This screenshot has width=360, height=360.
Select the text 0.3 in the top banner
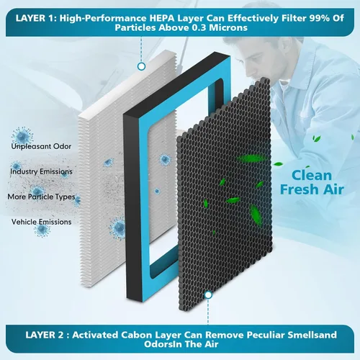point(199,27)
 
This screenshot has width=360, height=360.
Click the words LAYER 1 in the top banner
point(36,18)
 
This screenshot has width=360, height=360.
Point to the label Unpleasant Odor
point(41,146)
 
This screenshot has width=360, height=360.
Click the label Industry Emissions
point(41,171)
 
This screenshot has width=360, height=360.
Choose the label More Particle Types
point(41,197)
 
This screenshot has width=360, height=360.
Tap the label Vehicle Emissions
point(41,222)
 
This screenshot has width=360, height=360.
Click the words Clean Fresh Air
point(312,182)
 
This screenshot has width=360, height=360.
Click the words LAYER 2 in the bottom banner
point(45,335)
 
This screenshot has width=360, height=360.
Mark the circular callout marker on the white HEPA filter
point(141,66)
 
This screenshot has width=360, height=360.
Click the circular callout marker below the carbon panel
point(208,294)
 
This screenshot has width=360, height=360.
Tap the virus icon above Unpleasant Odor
point(22,135)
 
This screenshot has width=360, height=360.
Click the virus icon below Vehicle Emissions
point(42,230)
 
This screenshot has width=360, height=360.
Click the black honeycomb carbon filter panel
point(225,192)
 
